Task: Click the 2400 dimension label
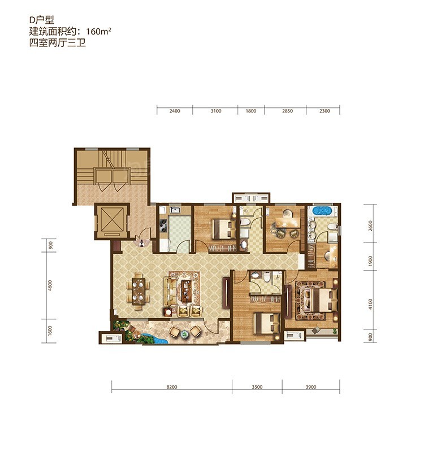coord(175,111)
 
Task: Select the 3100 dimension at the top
coord(216,111)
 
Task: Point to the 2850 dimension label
coord(287,111)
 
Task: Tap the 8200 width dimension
coord(172,387)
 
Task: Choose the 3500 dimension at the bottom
coord(257,387)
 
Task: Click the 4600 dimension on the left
coord(50,285)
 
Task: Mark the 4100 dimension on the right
coord(370,304)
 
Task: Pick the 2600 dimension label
coord(370,225)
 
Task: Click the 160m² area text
coord(99,31)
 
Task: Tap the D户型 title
coord(42,20)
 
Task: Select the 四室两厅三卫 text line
coord(57,43)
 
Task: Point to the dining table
coord(139,291)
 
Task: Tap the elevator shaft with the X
coord(112,220)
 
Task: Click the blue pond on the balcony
coord(153,339)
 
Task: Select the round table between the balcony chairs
coord(184,334)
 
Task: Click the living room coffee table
coord(185,291)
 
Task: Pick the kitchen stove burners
coord(163,226)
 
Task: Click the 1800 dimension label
coord(251,111)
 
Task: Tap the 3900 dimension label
coord(311,387)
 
